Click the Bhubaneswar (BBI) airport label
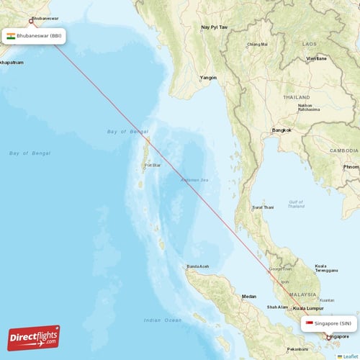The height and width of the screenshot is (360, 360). point(39,35)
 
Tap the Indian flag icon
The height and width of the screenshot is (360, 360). point(11,35)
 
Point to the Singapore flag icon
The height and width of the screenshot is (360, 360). point(309,323)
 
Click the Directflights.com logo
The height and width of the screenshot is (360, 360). point(34,337)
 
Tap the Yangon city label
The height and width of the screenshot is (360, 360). point(208,77)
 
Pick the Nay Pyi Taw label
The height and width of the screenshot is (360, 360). point(214,27)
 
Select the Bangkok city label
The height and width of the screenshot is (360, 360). point(282,130)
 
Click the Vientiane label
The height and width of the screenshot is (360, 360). point(315,58)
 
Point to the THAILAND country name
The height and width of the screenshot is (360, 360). point(296,96)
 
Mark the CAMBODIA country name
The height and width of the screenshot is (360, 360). point(344,150)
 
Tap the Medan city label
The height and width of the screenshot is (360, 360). point(249,296)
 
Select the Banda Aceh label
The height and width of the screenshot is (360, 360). point(198,266)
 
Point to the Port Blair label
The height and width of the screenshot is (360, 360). point(152,165)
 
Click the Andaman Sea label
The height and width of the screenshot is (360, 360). point(194,179)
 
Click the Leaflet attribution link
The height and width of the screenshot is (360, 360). point(349,356)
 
